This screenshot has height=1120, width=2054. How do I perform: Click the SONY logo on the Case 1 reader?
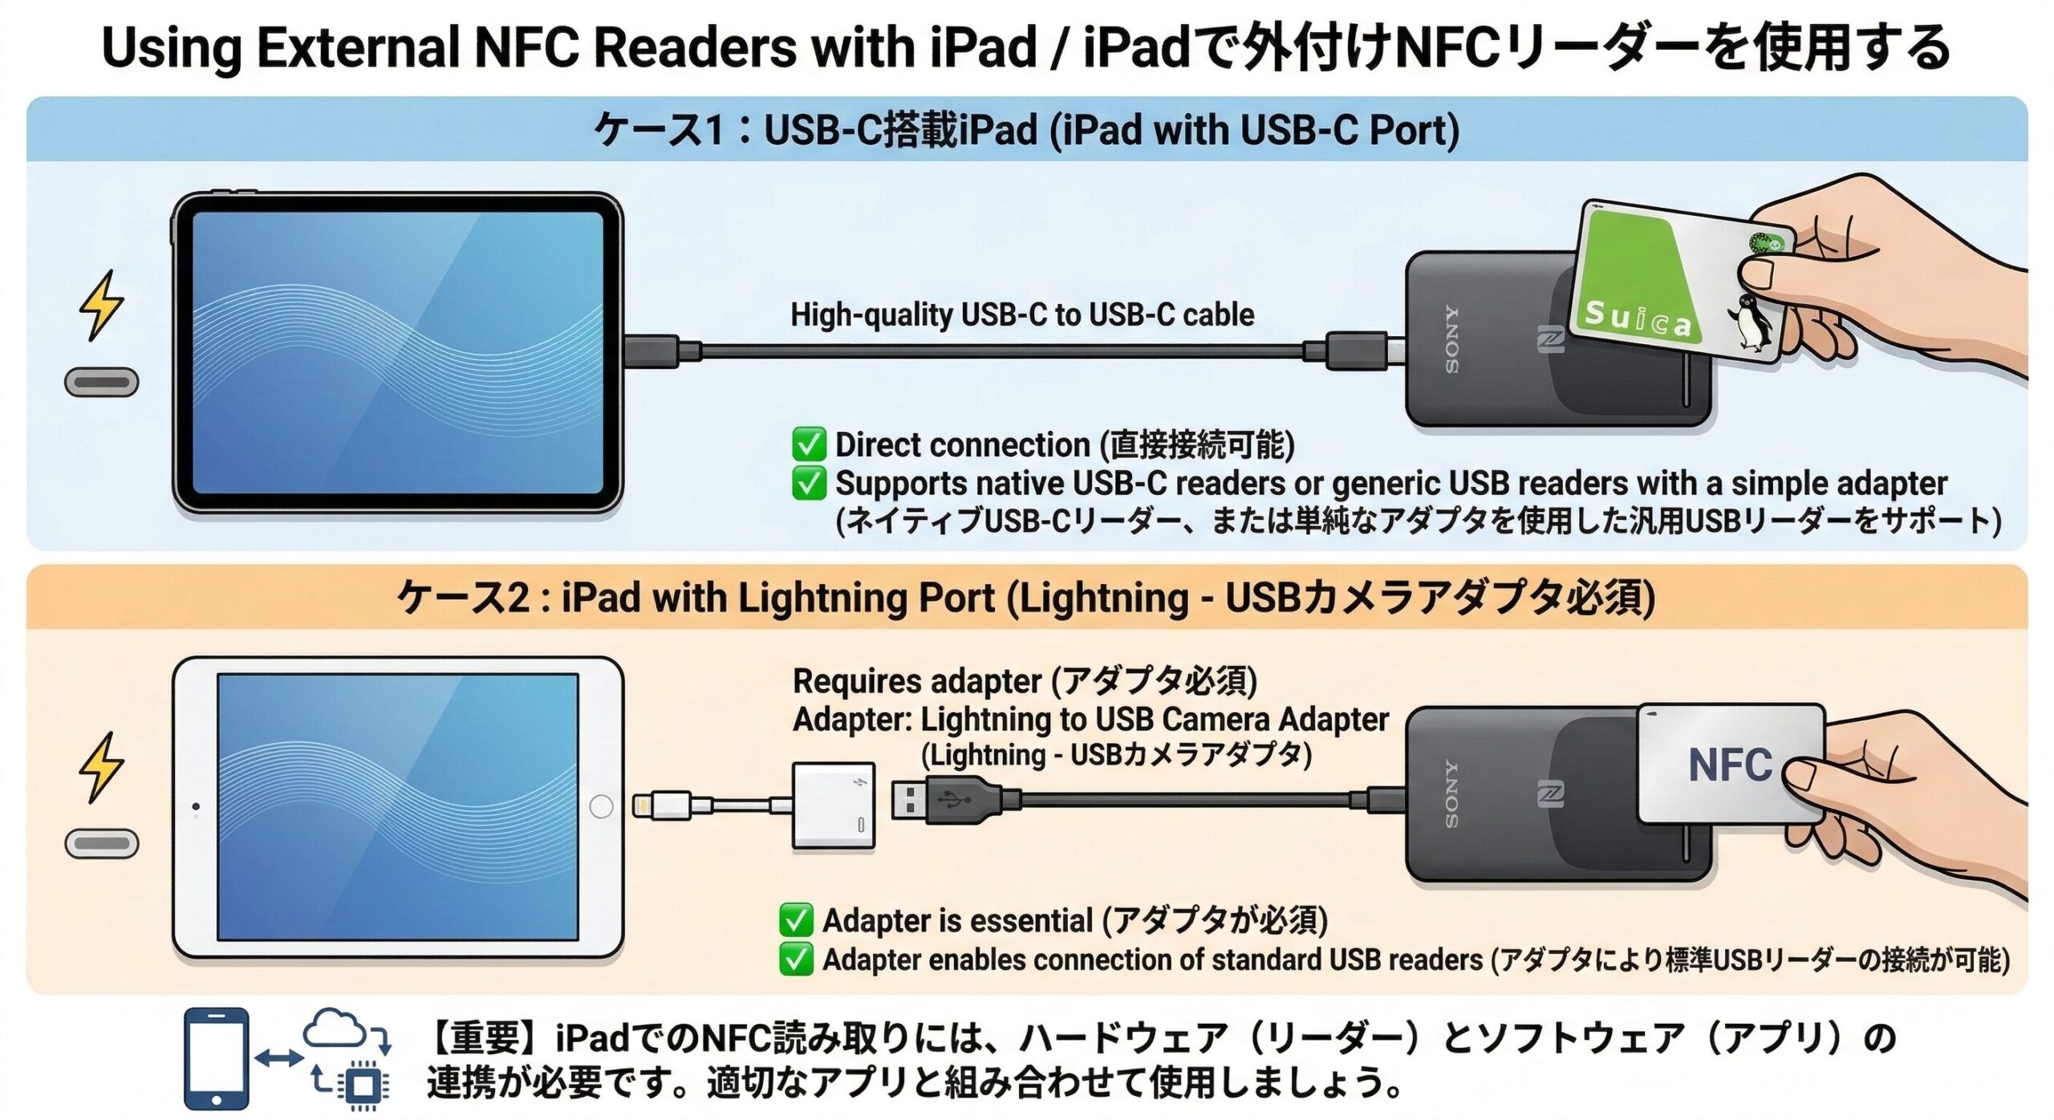(1452, 339)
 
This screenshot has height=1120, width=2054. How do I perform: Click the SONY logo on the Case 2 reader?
(1452, 793)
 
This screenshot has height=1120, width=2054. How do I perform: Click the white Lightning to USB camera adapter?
(834, 805)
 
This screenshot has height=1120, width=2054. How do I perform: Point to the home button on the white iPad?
(601, 806)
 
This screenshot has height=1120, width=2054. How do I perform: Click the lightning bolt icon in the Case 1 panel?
(102, 305)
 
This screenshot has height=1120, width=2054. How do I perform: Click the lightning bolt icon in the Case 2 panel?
(102, 767)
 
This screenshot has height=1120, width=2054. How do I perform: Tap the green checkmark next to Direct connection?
(808, 444)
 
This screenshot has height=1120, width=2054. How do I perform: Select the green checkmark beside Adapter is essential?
(795, 920)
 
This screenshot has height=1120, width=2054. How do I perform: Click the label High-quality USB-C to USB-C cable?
(1022, 314)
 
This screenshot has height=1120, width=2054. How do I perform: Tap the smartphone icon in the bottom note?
(216, 1059)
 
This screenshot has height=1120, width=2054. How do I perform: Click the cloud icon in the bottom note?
(337, 1029)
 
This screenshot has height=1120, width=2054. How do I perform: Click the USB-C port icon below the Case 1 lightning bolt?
(102, 382)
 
